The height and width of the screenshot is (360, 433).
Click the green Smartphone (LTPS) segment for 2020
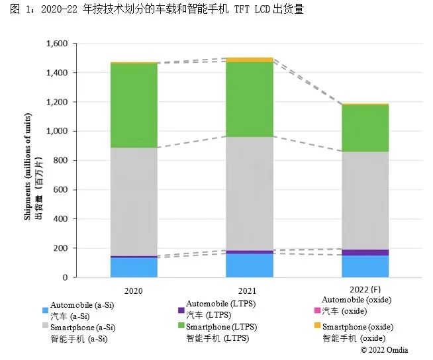coord(134,105)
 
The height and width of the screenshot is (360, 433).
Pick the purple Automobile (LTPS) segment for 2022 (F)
coord(365,252)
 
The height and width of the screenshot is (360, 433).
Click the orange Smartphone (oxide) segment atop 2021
coord(249,60)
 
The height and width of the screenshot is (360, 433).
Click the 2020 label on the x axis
coord(133,291)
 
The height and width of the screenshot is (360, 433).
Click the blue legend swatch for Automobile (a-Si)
coord(45,310)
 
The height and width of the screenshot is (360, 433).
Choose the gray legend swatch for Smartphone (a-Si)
coord(45,327)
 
